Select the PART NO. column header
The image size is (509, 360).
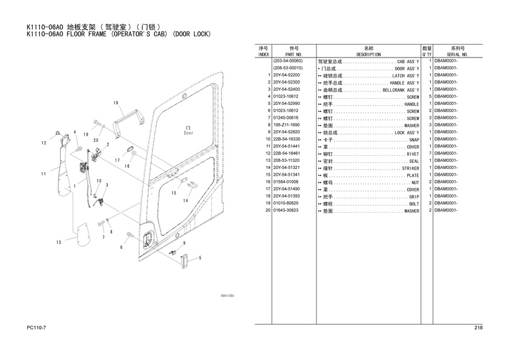pos(295,55)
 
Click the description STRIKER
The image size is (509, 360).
pos(410,168)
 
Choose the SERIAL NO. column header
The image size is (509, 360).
pos(457,55)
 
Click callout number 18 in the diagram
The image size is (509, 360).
pos(115,103)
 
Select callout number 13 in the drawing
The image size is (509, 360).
pos(58,242)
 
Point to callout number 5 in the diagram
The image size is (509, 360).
pos(199,258)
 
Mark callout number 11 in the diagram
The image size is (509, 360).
pos(44,174)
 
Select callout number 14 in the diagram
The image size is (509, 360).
pos(186,200)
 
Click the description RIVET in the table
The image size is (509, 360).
pos(412,153)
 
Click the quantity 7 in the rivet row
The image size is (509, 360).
pos(430,153)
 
